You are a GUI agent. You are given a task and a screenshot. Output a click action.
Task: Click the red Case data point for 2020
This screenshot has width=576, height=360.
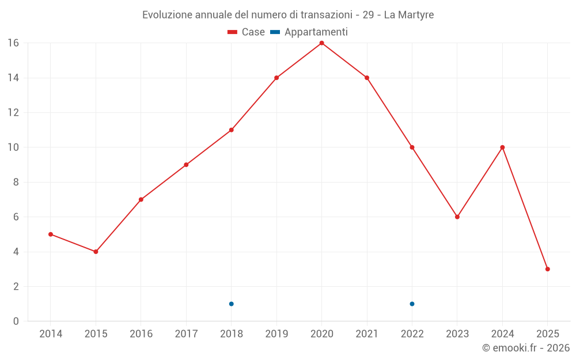click(321, 43)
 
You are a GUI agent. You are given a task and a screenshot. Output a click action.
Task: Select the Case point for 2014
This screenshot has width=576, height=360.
click(51, 234)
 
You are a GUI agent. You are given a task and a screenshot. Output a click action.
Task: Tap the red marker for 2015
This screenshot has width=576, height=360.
click(96, 252)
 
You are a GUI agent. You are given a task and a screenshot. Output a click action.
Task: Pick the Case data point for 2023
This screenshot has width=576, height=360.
click(457, 217)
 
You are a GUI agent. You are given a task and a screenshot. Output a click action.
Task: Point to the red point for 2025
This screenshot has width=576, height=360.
click(547, 269)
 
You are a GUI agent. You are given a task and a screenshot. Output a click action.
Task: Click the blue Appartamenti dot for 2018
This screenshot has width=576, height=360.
click(232, 304)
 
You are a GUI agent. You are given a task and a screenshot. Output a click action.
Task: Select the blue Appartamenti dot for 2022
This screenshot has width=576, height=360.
click(412, 304)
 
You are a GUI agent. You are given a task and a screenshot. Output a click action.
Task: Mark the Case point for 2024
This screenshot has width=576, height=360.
click(502, 147)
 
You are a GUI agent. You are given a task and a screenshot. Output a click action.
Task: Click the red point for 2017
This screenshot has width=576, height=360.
click(186, 165)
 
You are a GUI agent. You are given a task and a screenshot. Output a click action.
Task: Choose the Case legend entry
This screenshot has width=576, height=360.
click(246, 32)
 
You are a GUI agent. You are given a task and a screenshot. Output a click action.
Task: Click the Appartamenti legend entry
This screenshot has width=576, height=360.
click(309, 32)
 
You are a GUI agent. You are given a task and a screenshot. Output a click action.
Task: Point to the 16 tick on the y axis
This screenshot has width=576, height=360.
click(13, 43)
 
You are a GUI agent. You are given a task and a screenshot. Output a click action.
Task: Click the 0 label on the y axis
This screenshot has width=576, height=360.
click(16, 321)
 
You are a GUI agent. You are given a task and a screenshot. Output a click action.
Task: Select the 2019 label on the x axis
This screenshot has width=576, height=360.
click(276, 334)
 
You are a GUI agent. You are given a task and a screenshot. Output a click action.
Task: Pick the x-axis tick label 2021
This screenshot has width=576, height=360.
click(367, 334)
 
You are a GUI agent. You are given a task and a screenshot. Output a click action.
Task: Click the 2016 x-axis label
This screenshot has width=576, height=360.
click(141, 334)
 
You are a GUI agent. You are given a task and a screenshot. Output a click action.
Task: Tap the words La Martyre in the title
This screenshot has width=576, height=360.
click(408, 14)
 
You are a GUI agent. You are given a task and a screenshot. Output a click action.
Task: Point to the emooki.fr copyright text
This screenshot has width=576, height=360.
click(525, 348)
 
